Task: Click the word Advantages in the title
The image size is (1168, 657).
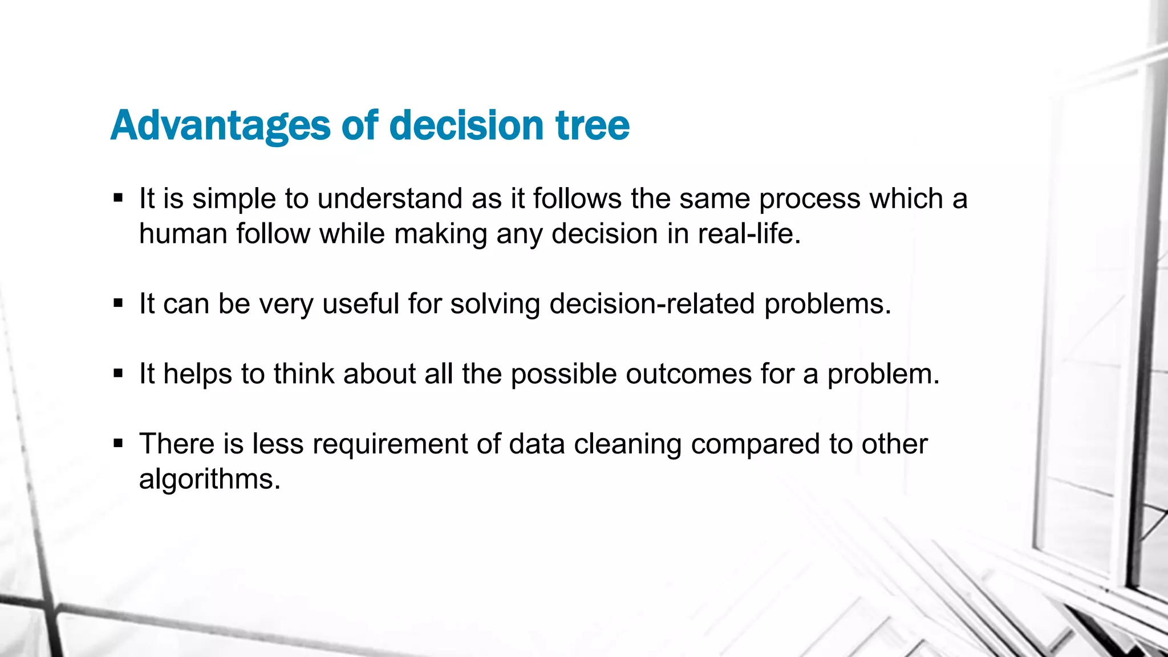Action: click(220, 125)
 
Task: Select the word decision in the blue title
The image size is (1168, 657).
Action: click(466, 125)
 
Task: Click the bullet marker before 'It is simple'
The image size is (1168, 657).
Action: click(118, 198)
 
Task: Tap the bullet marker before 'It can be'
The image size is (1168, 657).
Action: click(118, 303)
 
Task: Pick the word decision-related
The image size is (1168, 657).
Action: click(652, 303)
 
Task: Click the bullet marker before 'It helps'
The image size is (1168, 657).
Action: click(118, 374)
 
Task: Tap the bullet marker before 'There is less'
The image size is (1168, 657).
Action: click(118, 444)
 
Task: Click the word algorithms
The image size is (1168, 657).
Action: click(209, 479)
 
